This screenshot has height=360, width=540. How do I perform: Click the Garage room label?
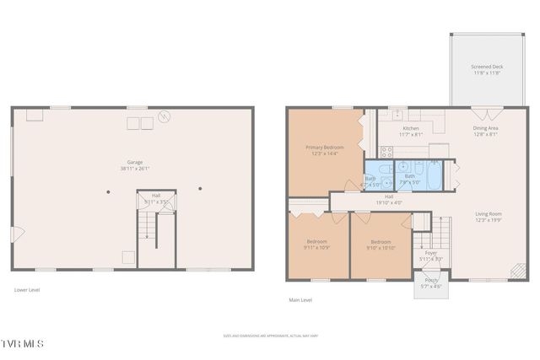(134, 164)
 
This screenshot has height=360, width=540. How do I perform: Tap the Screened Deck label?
(486, 69)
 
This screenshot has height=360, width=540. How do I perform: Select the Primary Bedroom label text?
(325, 150)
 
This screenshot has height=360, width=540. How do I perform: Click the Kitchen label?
(410, 132)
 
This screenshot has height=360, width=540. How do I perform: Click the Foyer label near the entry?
(431, 255)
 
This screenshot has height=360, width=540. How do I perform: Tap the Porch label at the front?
(431, 283)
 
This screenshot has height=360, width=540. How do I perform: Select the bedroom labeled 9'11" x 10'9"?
(316, 244)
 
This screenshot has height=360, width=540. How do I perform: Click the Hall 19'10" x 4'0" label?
(388, 199)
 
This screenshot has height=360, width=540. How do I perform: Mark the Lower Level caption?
(27, 290)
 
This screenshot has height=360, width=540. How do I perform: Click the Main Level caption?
(300, 300)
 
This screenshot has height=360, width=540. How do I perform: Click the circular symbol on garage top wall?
(165, 116)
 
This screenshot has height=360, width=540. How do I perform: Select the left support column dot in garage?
(108, 191)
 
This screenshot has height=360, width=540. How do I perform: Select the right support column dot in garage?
(200, 188)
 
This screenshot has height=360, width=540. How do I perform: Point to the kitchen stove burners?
(386, 152)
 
